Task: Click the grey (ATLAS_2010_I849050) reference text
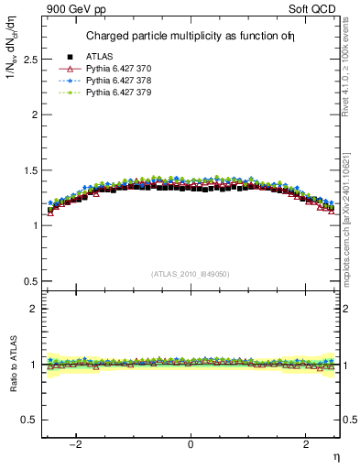(x=191, y=273)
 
